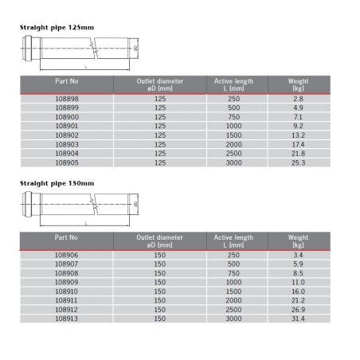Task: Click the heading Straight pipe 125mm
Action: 57,27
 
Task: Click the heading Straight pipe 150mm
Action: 57,183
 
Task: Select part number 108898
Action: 65,97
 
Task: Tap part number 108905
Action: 65,162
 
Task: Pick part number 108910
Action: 65,292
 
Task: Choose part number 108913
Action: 65,319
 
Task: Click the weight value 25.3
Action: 299,162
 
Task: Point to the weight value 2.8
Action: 299,97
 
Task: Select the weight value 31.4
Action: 299,319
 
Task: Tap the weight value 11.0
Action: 299,282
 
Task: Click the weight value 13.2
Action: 299,135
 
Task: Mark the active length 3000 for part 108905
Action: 233,162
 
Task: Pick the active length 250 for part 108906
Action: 233,254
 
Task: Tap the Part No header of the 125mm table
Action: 65,80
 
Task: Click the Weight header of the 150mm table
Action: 299,241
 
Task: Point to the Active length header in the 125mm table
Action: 233,84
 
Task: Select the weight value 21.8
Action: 299,153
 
